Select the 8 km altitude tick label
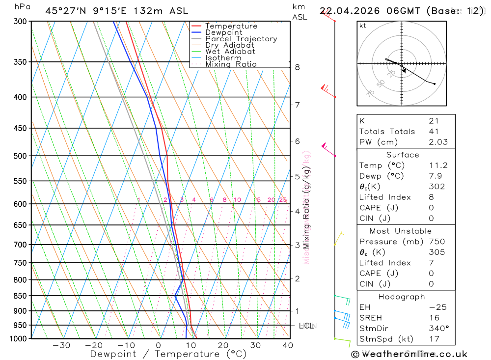(x=298, y=67)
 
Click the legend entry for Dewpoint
(x=223, y=33)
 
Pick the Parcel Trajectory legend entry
(x=241, y=39)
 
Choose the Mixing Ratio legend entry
(x=231, y=64)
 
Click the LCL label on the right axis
(x=306, y=326)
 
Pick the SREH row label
(x=371, y=318)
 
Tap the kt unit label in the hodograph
(x=363, y=26)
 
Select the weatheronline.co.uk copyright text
(x=409, y=354)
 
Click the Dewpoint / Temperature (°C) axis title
(x=168, y=354)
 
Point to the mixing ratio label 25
(x=283, y=200)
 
